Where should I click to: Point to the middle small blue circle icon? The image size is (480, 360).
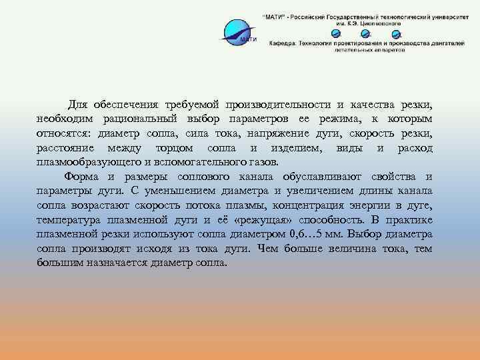tap(366, 33)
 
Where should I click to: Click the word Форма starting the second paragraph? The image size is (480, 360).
tap(81, 177)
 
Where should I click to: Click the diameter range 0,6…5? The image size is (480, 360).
tap(311, 234)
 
